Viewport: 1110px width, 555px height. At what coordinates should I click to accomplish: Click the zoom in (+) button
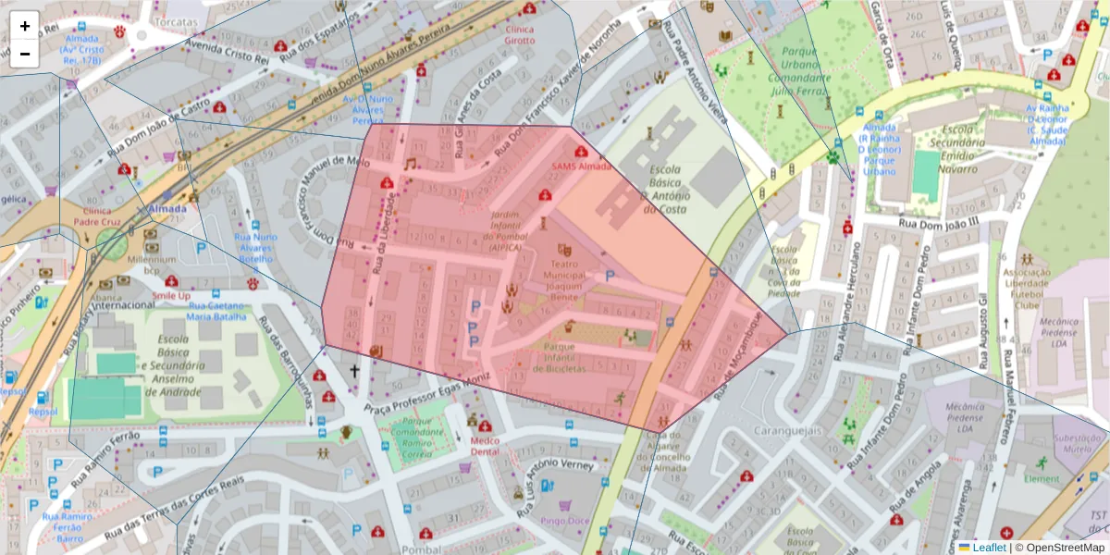24,26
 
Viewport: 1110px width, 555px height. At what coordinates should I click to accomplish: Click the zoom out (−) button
24,54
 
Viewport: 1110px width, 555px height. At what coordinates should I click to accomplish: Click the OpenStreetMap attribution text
1065,548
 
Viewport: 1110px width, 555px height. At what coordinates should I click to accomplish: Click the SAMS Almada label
581,166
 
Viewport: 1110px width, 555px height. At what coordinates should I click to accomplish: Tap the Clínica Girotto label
519,35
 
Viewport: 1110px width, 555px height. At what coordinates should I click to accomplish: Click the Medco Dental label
485,447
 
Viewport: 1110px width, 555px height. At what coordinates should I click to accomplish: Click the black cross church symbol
352,372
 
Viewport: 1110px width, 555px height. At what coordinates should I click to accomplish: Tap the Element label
1042,479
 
